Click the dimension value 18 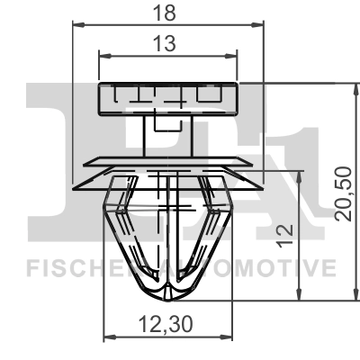pos(164,13)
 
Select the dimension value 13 pos(164,43)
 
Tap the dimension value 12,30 pos(166,324)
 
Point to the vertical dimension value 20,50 pos(343,194)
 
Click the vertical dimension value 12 pos(284,236)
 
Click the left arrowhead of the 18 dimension pos(78,25)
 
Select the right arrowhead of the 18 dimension pos(257,25)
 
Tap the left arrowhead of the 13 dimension pos(105,56)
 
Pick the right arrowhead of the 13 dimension pos(231,56)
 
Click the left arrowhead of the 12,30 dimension pos(109,337)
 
